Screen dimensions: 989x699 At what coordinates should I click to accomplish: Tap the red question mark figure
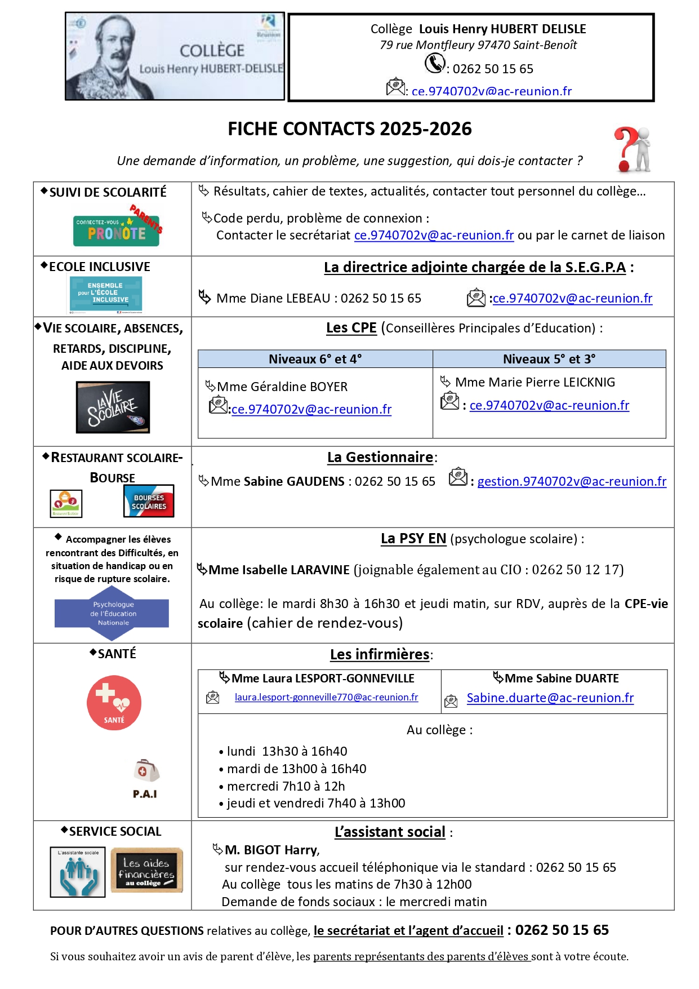[632, 149]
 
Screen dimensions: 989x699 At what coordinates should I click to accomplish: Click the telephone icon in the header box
[434, 63]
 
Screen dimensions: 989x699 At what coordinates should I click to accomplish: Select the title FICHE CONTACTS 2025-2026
[349, 129]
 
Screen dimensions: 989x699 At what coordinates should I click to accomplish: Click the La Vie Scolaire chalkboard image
[113, 407]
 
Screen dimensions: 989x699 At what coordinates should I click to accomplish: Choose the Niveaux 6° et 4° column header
[315, 359]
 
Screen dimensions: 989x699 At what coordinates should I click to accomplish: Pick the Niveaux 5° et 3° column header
[549, 359]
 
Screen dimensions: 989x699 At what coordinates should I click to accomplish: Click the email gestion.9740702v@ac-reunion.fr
[572, 481]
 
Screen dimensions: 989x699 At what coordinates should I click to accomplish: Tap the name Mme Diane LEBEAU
[274, 298]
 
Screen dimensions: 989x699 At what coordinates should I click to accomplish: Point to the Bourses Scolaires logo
[149, 501]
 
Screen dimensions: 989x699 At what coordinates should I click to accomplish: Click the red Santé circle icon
[114, 703]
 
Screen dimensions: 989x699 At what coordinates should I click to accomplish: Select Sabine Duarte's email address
[550, 698]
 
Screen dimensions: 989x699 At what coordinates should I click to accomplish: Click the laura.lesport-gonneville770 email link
[326, 697]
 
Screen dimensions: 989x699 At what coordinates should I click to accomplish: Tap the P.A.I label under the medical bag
[145, 793]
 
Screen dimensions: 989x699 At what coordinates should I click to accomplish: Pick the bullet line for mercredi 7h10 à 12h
[286, 786]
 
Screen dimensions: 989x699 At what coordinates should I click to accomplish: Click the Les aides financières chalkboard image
[146, 870]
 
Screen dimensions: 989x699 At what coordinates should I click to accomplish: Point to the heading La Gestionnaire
[380, 457]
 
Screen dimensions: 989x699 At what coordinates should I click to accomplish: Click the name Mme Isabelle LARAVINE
[279, 570]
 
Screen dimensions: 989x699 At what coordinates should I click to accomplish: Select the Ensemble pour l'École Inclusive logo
[106, 294]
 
